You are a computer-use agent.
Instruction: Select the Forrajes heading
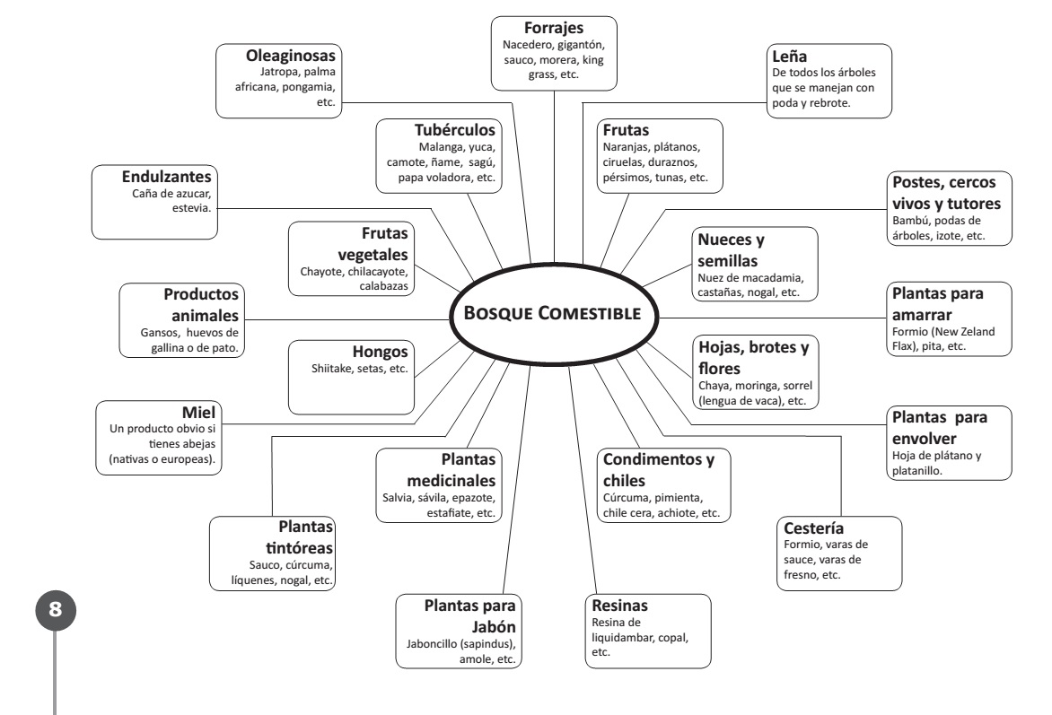coord(554,27)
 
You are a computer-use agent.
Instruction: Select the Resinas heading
coord(620,606)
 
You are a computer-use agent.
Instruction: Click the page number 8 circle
coord(56,609)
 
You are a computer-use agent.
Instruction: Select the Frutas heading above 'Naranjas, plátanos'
coord(627,129)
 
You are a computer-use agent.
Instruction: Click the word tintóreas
coord(298,546)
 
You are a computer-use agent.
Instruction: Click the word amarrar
coord(924,314)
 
